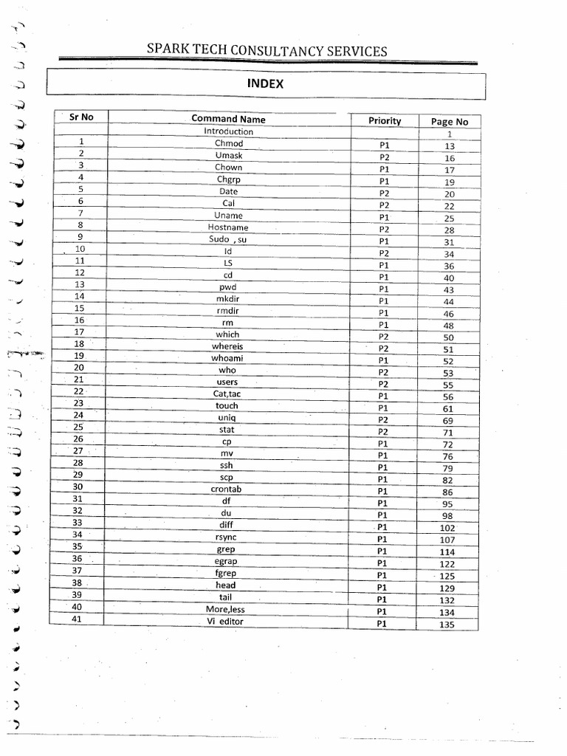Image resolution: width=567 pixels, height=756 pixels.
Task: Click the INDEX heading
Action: click(x=265, y=84)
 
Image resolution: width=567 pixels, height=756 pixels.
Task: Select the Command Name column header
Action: click(x=228, y=119)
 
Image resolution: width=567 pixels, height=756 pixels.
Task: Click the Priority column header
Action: click(x=385, y=120)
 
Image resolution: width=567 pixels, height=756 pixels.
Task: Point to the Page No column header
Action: click(x=449, y=122)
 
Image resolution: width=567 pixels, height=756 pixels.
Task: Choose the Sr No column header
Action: click(x=80, y=117)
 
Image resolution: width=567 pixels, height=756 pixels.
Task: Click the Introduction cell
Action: click(x=228, y=131)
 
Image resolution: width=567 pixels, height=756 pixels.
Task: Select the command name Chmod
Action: click(x=228, y=143)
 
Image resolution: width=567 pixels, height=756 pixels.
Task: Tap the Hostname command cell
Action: click(x=228, y=227)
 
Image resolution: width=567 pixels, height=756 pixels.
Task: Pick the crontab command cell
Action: click(x=227, y=489)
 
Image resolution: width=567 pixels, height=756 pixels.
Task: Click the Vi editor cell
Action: click(x=225, y=622)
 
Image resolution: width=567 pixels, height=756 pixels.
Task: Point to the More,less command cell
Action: click(x=225, y=610)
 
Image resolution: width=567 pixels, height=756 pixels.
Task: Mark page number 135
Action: click(x=447, y=625)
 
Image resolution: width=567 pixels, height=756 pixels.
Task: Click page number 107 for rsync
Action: click(x=447, y=540)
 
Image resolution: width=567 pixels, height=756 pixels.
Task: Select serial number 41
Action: click(x=76, y=619)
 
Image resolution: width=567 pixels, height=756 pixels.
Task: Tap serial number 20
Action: click(x=79, y=367)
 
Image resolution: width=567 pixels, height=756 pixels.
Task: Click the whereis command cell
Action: click(x=227, y=346)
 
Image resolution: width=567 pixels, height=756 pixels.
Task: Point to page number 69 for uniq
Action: click(x=448, y=421)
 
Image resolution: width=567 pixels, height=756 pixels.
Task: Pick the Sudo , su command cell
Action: click(x=227, y=239)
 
